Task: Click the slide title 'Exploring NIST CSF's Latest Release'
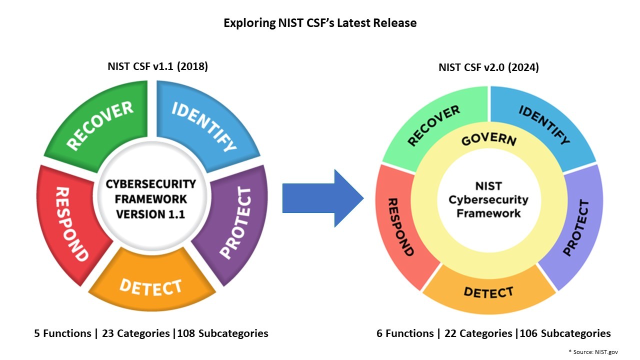[320, 23]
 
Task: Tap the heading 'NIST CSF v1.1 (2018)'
[157, 66]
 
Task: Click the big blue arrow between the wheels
[322, 198]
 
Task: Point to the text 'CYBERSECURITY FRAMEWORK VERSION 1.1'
[150, 198]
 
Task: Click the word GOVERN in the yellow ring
[488, 139]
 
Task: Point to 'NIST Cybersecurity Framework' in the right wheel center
[488, 199]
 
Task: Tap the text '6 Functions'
[405, 333]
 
